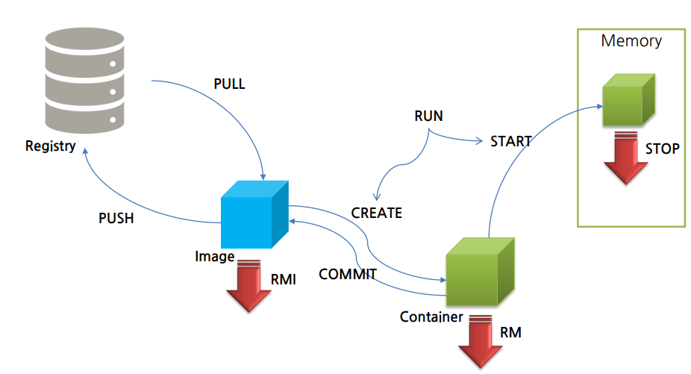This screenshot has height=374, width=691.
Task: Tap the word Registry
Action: click(x=51, y=146)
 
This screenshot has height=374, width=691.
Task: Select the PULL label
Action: click(x=229, y=84)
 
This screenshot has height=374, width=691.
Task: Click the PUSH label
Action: click(x=116, y=219)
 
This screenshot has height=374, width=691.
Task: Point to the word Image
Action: click(x=215, y=256)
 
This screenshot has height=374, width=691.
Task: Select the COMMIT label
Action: click(x=347, y=274)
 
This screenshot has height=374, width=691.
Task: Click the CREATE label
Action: click(x=377, y=214)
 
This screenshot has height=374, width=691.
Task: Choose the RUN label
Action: click(x=428, y=116)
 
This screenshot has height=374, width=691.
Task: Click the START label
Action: click(x=511, y=141)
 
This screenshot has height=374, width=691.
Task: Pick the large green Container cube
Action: click(x=480, y=273)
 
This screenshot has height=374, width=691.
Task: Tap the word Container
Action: click(x=431, y=317)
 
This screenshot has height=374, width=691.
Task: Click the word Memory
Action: click(x=631, y=41)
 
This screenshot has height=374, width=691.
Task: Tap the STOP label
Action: click(x=663, y=149)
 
